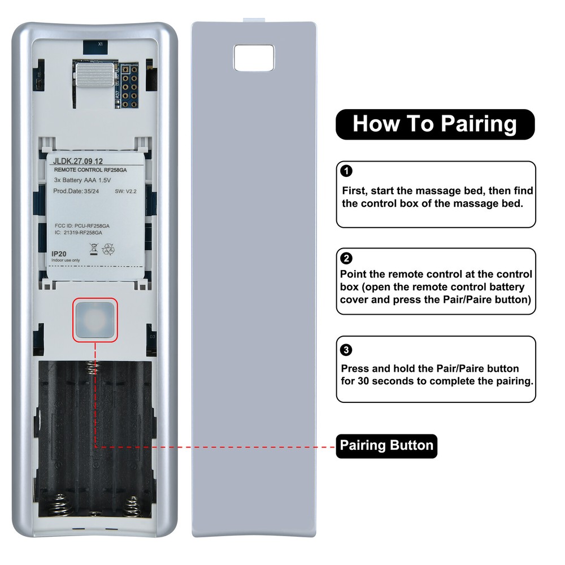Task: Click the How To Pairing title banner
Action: point(434,124)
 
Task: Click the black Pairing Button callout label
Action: point(386,446)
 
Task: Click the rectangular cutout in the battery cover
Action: point(254,57)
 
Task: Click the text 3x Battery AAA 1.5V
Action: point(79,180)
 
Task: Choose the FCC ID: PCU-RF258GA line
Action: point(81,225)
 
